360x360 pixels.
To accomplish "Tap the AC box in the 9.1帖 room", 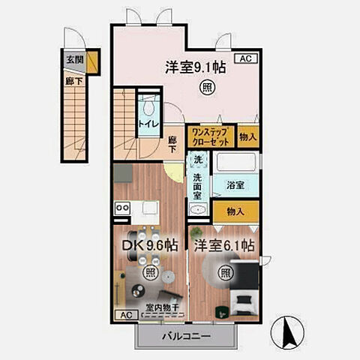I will click(x=245, y=58).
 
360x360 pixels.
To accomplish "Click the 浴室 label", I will click(x=235, y=184).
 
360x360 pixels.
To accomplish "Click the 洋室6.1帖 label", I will click(x=224, y=245).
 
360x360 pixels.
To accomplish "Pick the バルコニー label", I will click(x=184, y=337).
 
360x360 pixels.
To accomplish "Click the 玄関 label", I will click(x=73, y=58).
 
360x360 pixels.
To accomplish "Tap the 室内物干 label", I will click(x=161, y=307).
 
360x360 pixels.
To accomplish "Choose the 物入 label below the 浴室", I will click(x=235, y=212).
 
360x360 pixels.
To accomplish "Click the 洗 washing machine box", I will click(x=198, y=160).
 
